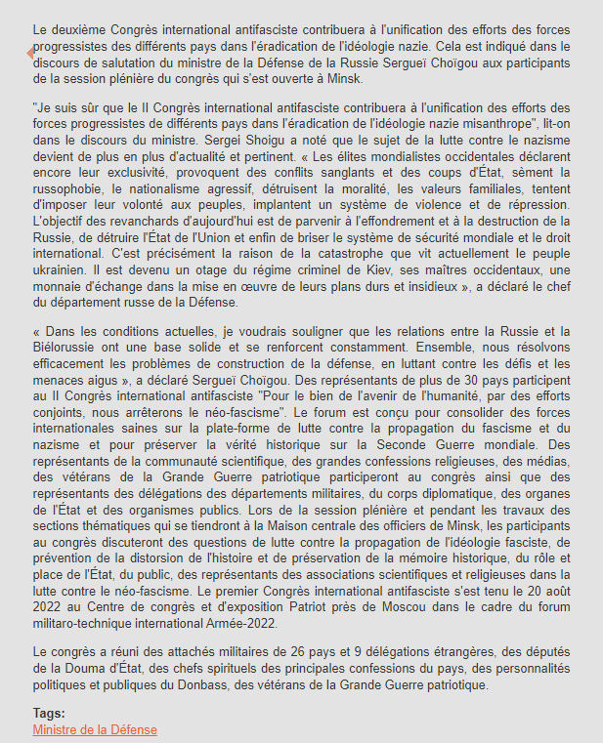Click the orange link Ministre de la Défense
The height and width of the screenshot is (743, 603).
click(x=95, y=730)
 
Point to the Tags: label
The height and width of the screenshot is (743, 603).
click(x=49, y=714)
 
